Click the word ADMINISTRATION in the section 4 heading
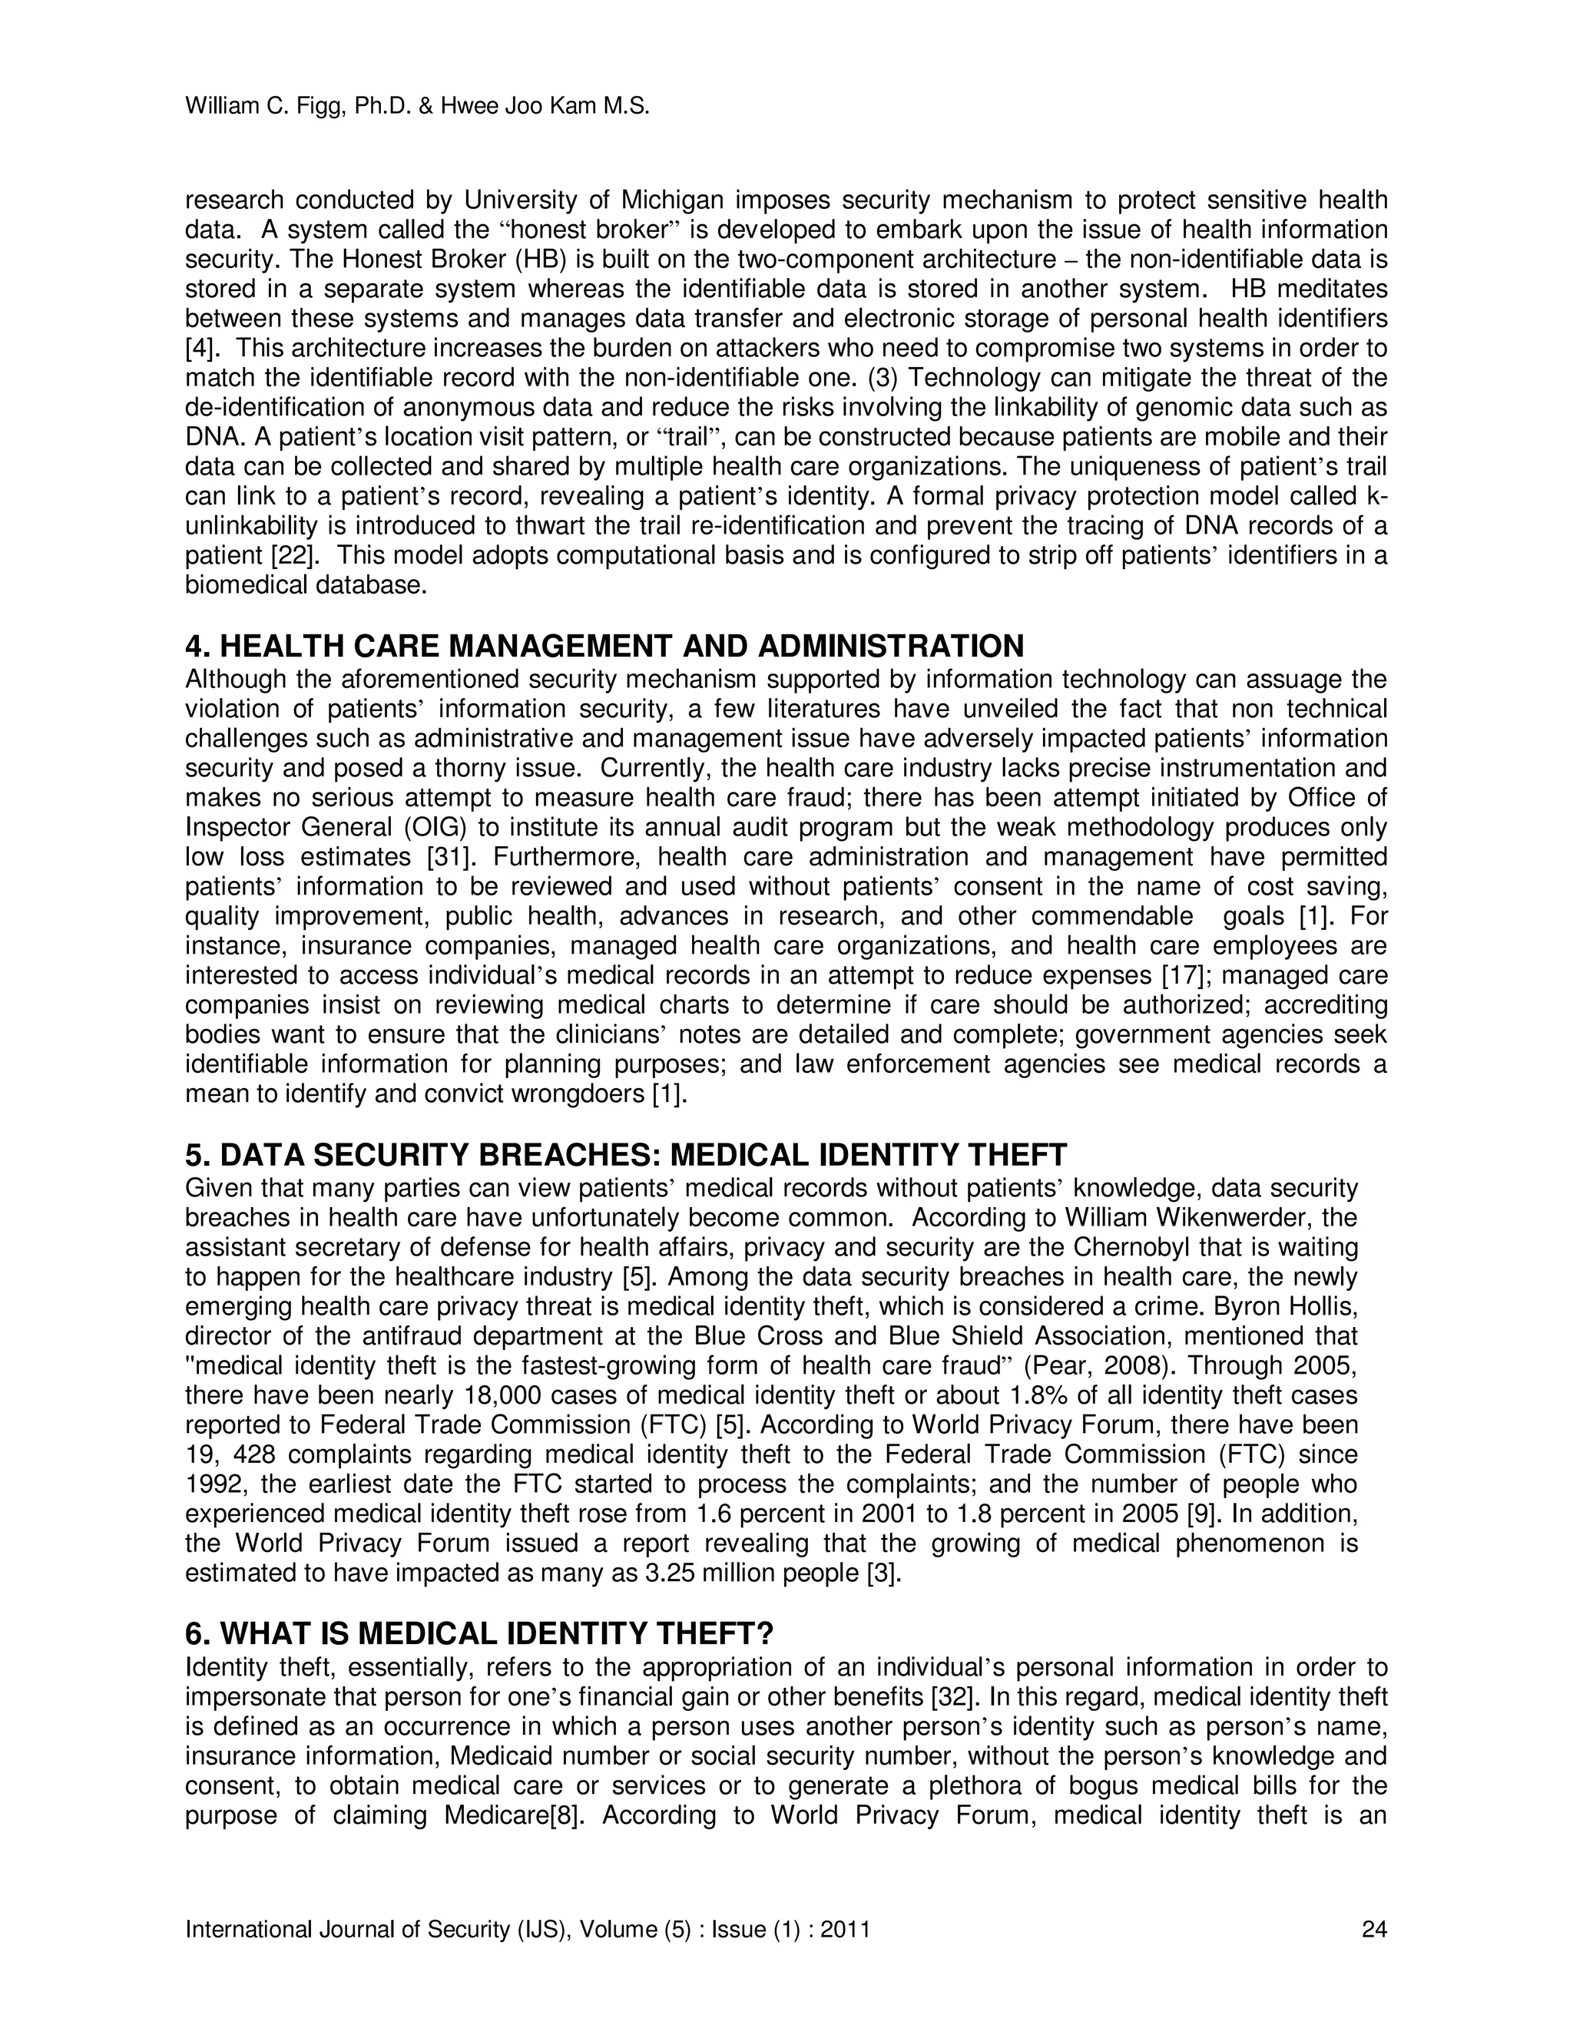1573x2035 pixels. tap(891, 646)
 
